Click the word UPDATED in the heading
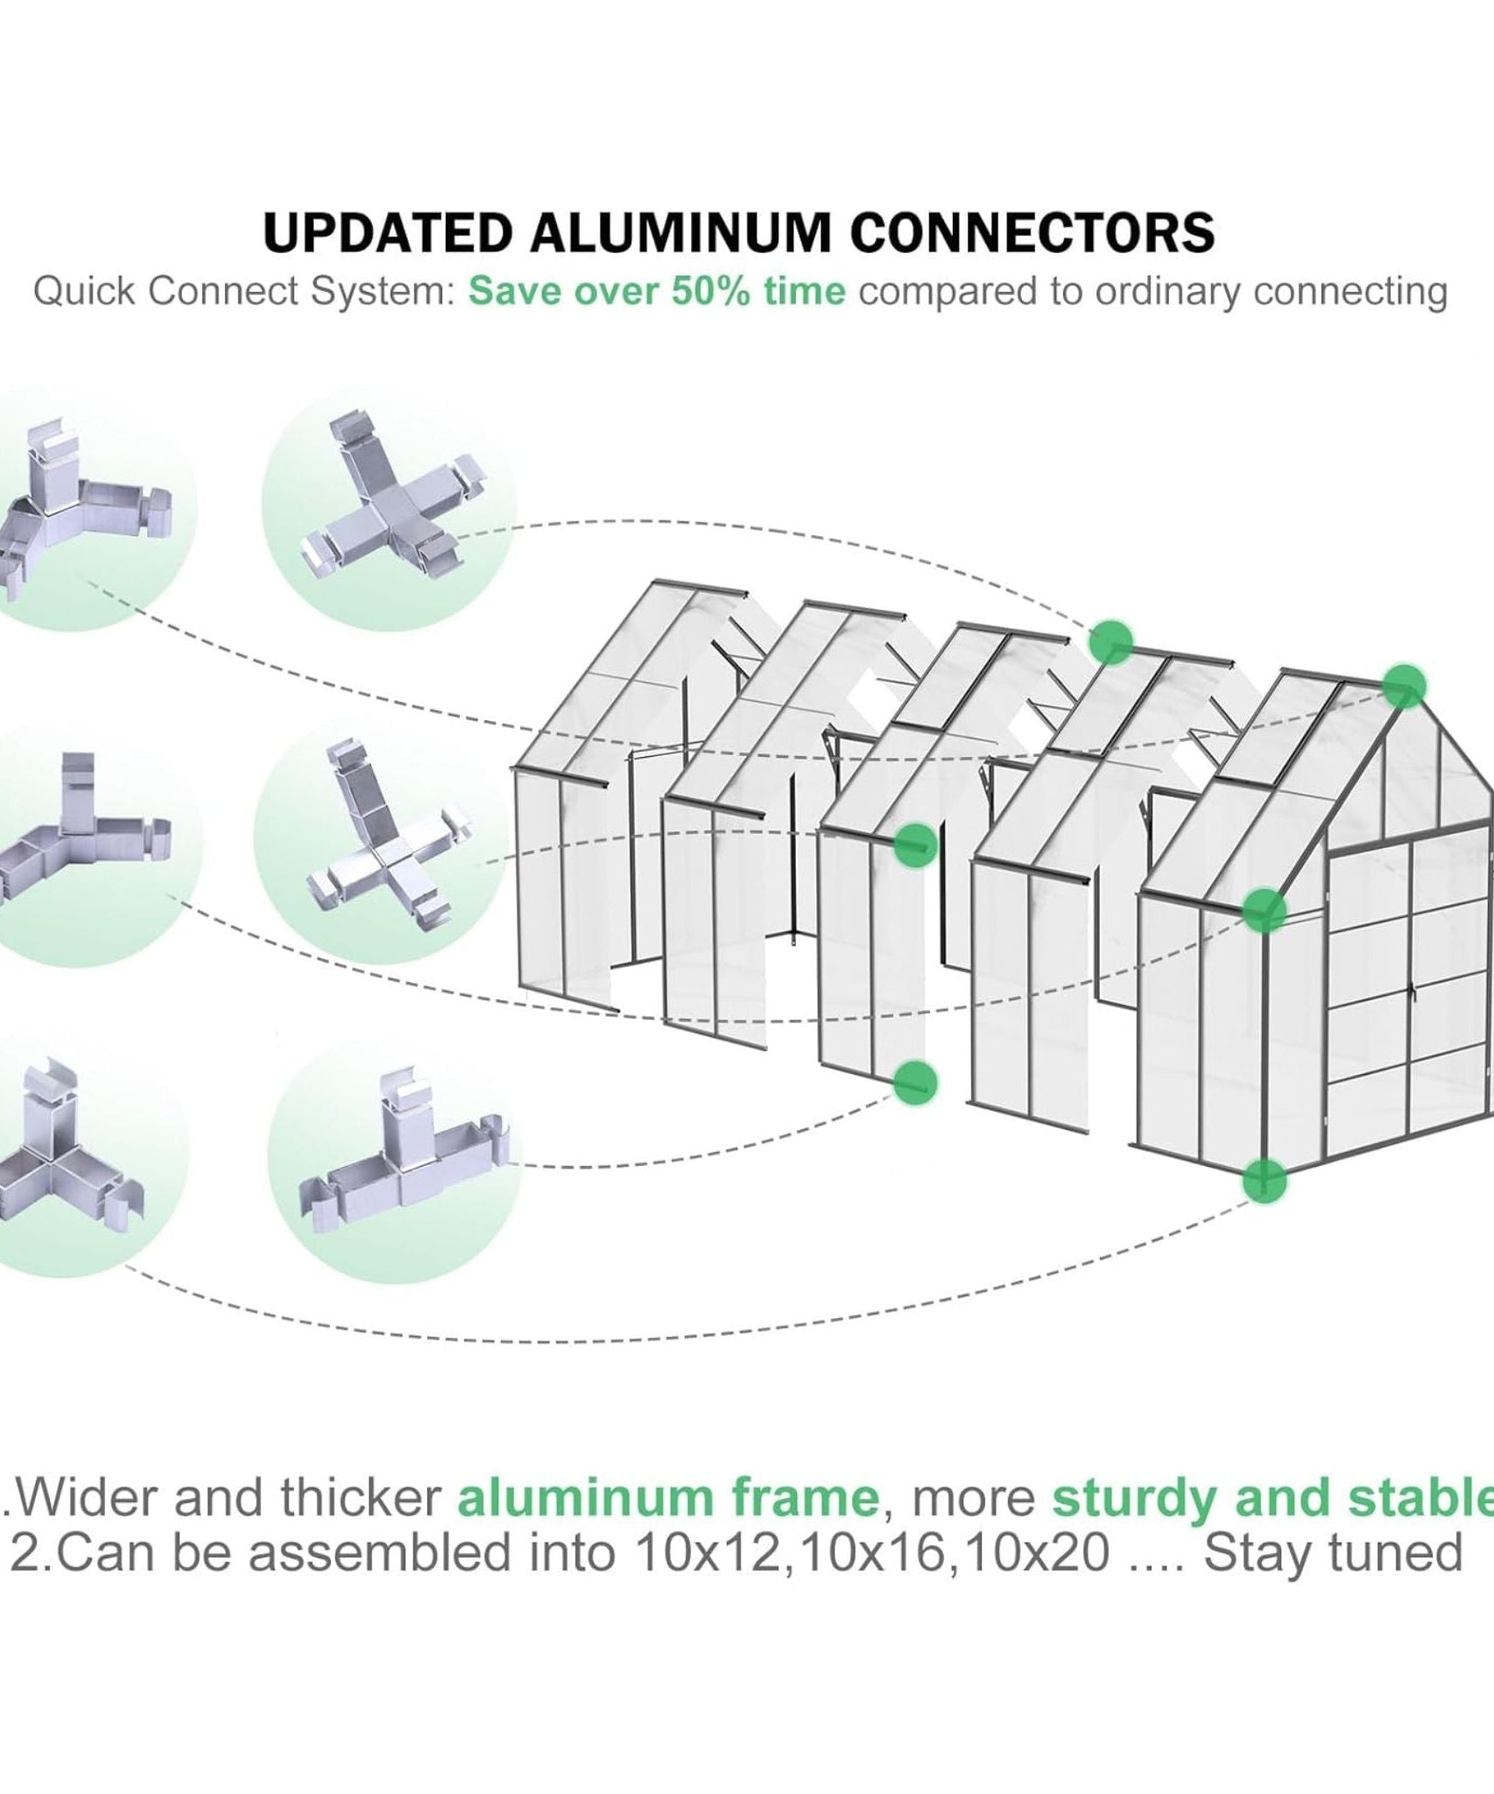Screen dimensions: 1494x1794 (x=389, y=233)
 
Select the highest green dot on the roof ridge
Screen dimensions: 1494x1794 (x=1110, y=644)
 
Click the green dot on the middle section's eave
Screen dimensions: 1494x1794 (x=915, y=844)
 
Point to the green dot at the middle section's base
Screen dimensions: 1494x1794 (x=915, y=1083)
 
